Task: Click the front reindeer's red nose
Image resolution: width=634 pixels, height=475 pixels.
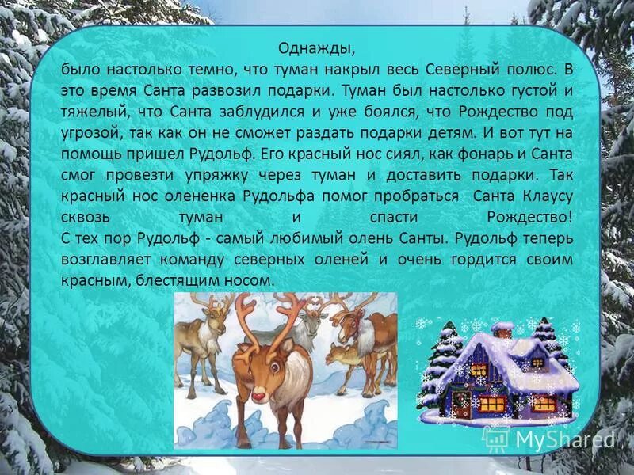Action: pos(258,393)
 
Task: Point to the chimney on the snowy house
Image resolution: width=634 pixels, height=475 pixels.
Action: pos(502,329)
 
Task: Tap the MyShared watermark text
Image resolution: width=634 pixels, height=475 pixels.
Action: pos(563,440)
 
